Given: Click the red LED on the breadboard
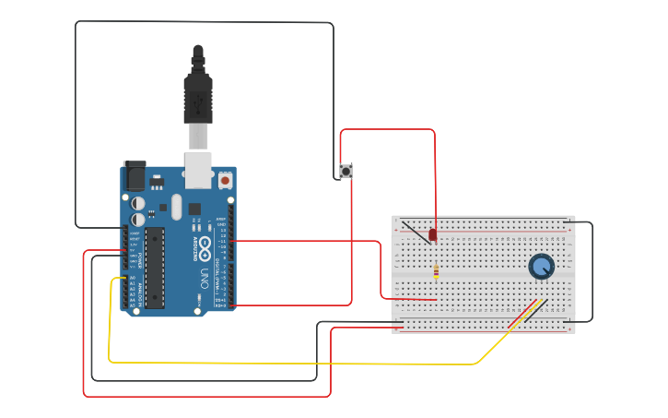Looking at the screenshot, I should point(433,235).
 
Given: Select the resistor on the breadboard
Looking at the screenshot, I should point(436,271).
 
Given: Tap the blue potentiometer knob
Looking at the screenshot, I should point(542,267).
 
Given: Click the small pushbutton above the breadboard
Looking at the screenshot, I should point(346,171).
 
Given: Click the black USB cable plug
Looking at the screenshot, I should point(198,92).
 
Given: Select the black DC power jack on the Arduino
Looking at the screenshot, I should point(135,175).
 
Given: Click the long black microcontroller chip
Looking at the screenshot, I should point(155,268).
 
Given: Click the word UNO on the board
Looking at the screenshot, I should point(205,278).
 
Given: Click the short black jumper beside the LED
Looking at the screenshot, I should point(416,231).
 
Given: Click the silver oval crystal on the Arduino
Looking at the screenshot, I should point(175,206).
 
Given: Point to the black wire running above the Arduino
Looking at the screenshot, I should point(203,22).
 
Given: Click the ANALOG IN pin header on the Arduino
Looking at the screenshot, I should point(125,291).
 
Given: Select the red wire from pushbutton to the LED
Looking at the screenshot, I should point(387,130).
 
